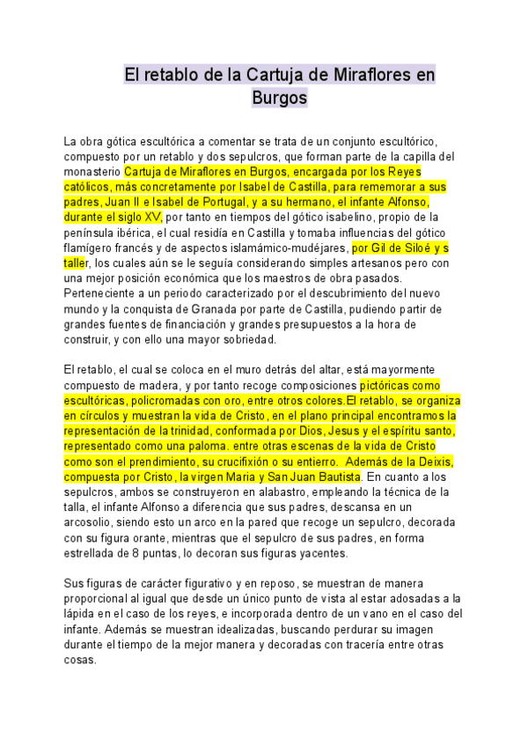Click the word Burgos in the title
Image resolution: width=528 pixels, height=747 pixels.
point(279,98)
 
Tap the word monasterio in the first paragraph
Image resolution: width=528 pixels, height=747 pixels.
point(92,171)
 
